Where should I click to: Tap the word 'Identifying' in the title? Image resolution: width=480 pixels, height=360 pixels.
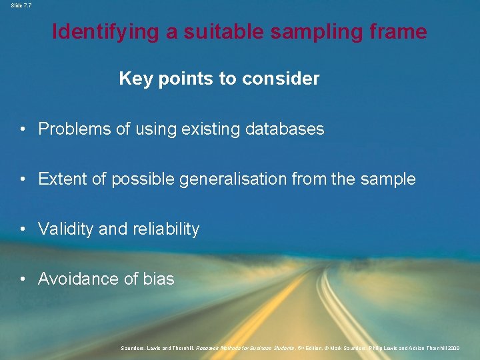coord(107,31)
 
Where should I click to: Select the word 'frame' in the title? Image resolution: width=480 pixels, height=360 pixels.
coord(399,31)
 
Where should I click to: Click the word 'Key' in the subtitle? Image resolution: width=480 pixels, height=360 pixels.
coord(133,79)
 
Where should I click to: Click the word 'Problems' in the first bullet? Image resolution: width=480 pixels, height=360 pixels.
coord(75,129)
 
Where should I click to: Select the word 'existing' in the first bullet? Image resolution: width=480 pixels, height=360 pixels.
coord(205,129)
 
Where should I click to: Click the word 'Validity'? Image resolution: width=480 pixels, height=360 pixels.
coord(65,229)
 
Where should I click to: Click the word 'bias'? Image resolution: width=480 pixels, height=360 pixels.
coord(159,279)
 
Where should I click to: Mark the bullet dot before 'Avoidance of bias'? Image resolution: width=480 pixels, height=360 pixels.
coord(23,279)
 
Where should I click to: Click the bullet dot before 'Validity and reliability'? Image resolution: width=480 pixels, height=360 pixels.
coord(23,229)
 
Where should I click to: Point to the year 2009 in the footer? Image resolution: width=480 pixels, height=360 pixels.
coord(453,348)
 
